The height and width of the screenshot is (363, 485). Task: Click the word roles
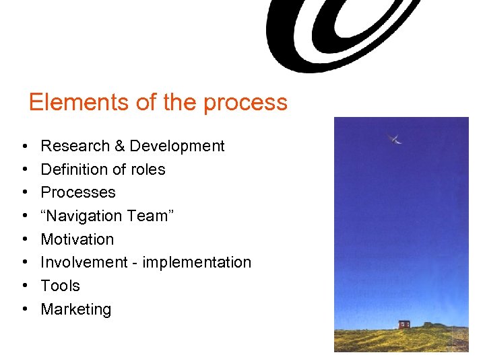(x=146, y=169)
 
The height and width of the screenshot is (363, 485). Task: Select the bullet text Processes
(x=78, y=192)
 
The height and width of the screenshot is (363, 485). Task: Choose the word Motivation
(x=77, y=239)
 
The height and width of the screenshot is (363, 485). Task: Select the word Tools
(x=61, y=286)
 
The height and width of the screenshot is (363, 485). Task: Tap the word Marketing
(x=76, y=309)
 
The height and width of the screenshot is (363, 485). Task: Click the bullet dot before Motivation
(x=24, y=239)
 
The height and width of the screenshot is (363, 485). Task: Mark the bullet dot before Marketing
(x=24, y=309)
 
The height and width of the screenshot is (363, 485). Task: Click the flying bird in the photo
(x=395, y=139)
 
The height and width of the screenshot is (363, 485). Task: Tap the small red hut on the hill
(x=404, y=324)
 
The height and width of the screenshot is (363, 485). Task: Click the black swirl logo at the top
(x=337, y=34)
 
